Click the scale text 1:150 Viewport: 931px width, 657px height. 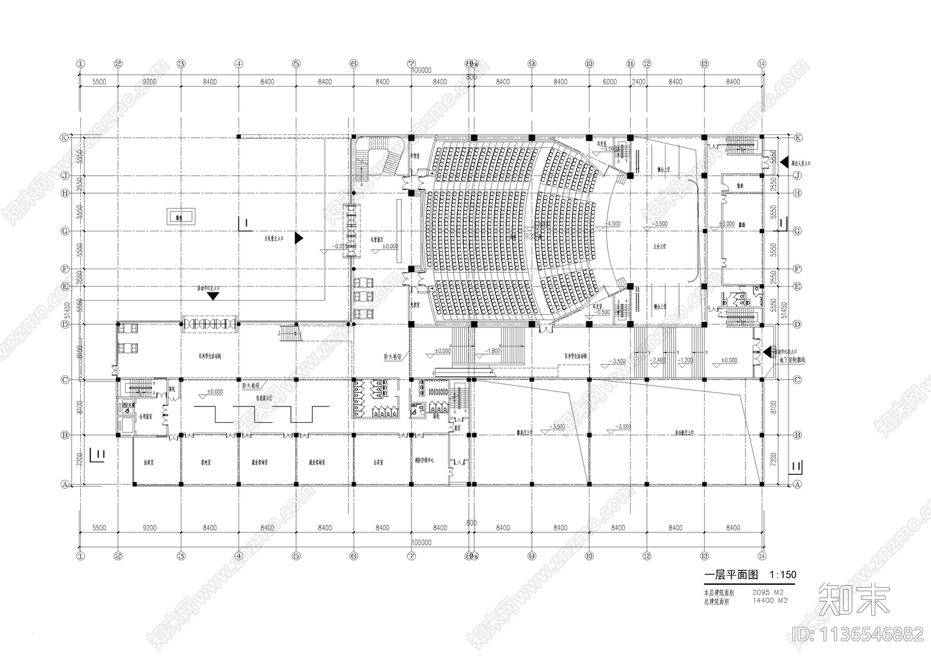click(782, 575)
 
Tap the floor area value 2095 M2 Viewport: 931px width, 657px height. click(768, 592)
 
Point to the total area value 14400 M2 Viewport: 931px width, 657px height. click(770, 601)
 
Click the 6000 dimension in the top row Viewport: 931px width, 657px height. click(609, 82)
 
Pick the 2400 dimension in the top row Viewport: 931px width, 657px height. click(638, 82)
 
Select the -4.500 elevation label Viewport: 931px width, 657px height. click(613, 223)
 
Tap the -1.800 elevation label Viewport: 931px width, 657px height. click(492, 351)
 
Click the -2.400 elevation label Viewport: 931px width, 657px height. click(658, 360)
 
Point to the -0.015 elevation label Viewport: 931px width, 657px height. click(339, 246)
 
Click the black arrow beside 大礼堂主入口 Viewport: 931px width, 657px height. click(299, 238)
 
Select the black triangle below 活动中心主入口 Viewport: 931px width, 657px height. click(213, 295)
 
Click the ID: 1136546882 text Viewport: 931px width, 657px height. click(858, 633)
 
